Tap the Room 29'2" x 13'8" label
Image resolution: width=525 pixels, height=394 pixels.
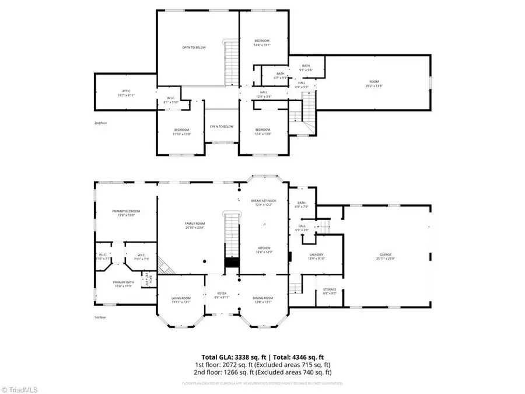374,83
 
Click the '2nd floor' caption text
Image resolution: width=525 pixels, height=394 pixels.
101,123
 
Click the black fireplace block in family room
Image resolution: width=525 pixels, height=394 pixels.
232,263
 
